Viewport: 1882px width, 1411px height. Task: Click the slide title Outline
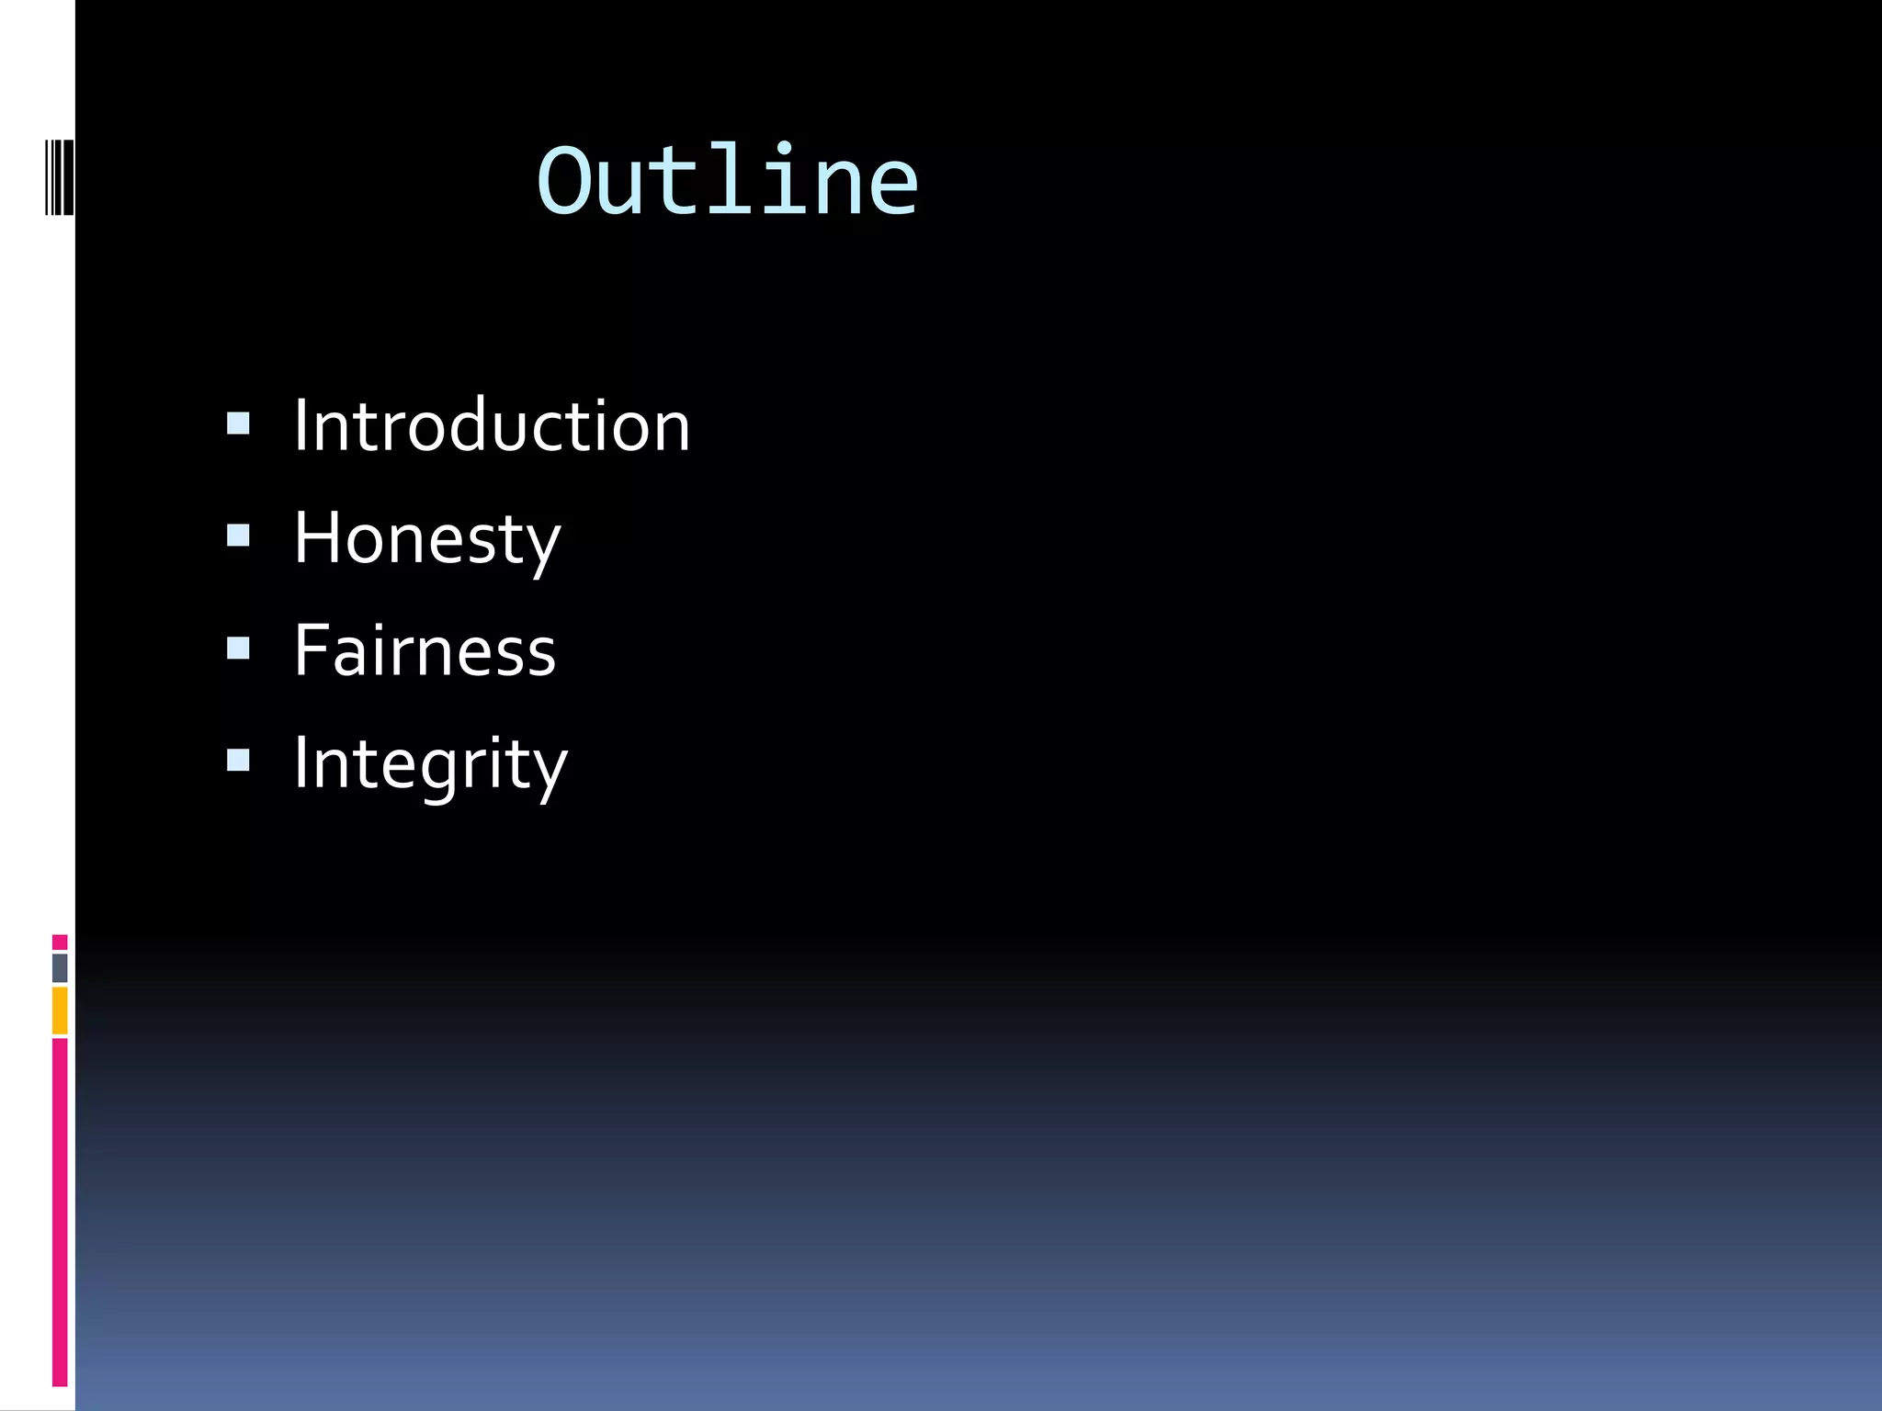click(727, 181)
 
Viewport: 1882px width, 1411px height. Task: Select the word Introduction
click(492, 426)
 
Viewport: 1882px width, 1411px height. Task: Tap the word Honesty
click(426, 539)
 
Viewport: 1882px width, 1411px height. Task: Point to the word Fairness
click(425, 650)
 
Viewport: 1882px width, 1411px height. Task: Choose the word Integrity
click(430, 763)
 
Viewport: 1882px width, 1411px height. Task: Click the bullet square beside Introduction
click(238, 423)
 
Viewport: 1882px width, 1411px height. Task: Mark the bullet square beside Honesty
click(238, 536)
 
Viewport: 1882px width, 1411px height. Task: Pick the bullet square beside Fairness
click(238, 649)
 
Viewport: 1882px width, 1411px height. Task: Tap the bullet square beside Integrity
click(238, 761)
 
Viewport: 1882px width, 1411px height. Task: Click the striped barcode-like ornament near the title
click(60, 176)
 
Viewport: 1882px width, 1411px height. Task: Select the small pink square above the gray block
click(60, 943)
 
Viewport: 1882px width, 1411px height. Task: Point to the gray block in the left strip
click(60, 968)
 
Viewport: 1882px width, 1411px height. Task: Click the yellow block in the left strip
click(60, 1010)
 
